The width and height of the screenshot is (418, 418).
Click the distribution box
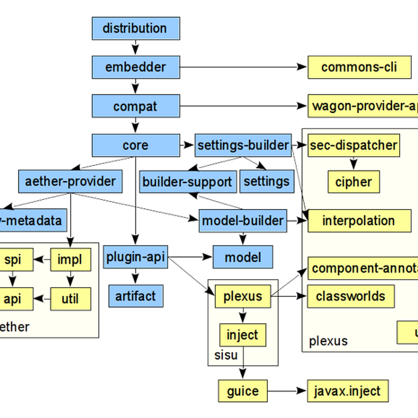(136, 29)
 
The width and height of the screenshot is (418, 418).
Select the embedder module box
(136, 67)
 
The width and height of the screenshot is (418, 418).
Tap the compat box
(136, 106)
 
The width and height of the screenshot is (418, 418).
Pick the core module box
(136, 145)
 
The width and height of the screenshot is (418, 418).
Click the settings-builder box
(243, 145)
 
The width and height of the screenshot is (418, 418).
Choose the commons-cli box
(359, 67)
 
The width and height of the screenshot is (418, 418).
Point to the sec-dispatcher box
(353, 145)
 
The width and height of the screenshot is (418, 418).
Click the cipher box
(354, 182)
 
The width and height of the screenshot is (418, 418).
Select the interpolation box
(359, 221)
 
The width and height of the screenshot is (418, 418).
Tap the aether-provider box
(70, 181)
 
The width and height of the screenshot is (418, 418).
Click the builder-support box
(188, 182)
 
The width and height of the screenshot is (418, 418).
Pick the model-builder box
(243, 221)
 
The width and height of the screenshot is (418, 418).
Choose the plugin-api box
(135, 257)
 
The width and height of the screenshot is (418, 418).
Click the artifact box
(136, 296)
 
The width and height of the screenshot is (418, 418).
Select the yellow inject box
(242, 335)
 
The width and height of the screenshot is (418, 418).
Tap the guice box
(243, 391)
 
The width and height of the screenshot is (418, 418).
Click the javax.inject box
(347, 391)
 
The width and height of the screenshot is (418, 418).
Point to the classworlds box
(350, 296)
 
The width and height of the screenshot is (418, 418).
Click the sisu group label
(226, 355)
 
